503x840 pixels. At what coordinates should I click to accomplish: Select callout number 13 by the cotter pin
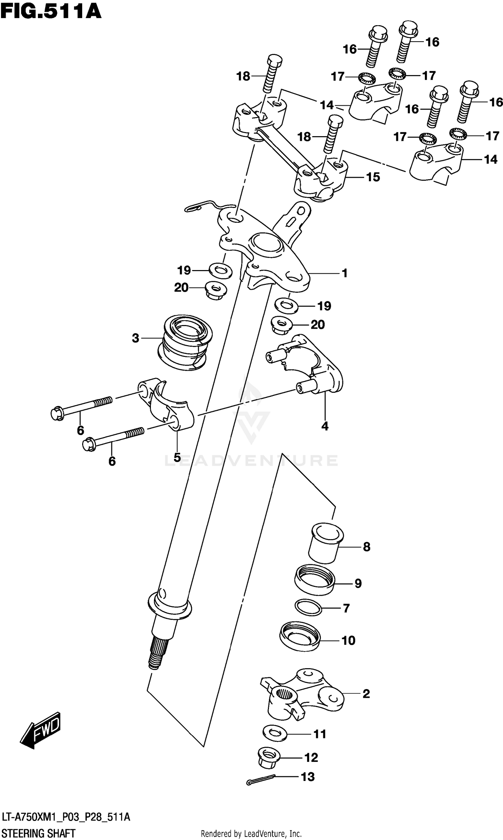coord(308,783)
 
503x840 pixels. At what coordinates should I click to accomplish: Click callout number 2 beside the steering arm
coord(366,693)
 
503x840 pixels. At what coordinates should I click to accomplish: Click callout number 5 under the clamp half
coord(177,457)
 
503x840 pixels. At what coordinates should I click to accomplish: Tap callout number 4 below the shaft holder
coord(325,426)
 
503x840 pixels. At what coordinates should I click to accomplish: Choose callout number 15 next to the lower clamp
coord(373,177)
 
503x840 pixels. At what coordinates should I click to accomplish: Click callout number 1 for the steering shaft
coord(345,273)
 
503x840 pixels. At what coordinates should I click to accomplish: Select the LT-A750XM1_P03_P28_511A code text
coord(66,817)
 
